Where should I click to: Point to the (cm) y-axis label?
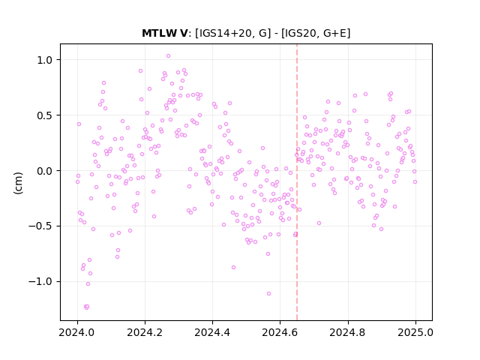point(18,183)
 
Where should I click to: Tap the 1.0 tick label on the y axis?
point(45,60)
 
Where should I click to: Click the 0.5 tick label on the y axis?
point(45,115)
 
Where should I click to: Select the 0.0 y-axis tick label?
point(45,171)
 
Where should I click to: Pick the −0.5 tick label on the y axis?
point(41,226)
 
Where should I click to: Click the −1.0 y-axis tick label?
point(41,282)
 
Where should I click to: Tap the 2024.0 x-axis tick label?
point(77,332)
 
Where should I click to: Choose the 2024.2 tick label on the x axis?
point(145,332)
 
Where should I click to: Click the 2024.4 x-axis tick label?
point(212,332)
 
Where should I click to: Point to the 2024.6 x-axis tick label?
point(280,332)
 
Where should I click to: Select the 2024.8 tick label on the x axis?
point(348,332)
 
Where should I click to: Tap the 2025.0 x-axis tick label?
point(415,332)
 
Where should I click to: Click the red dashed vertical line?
point(297,182)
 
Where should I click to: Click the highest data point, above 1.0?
point(168,56)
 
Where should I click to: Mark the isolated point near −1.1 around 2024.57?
point(268,293)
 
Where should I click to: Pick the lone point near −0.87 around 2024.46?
point(233,267)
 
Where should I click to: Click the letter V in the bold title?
point(184,33)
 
